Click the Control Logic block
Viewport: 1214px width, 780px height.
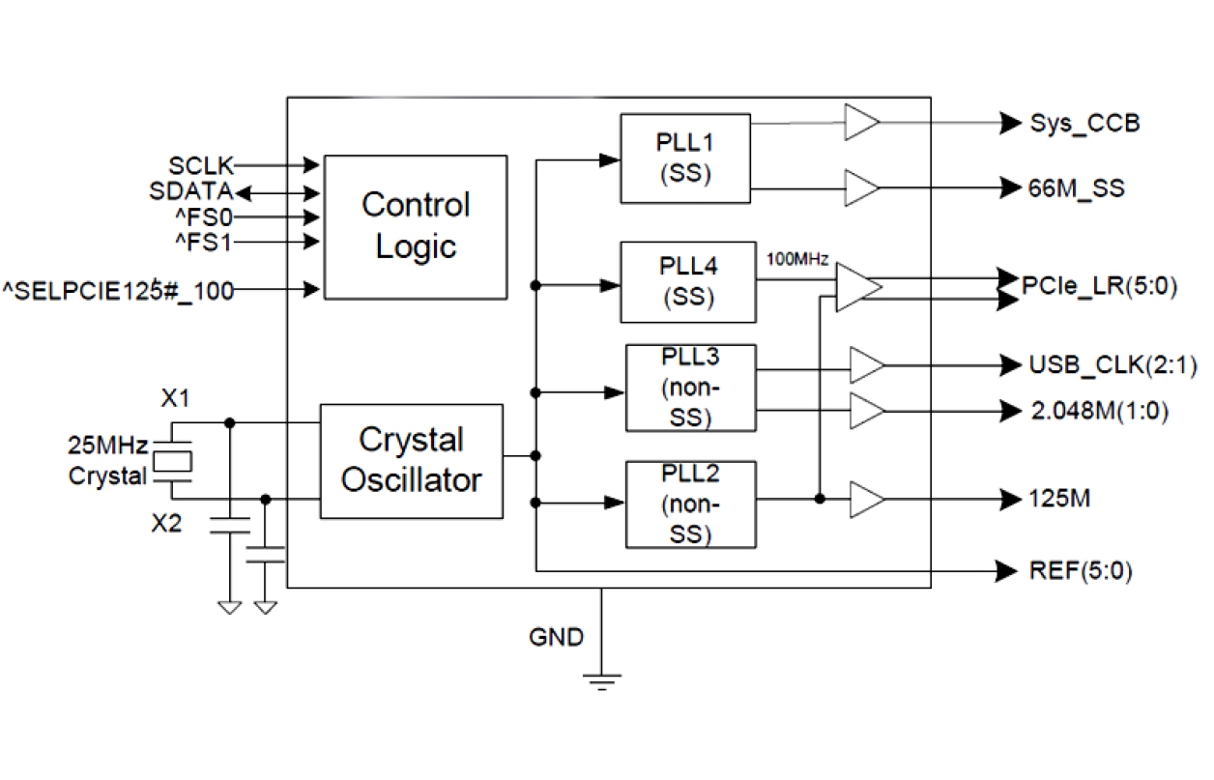tap(415, 226)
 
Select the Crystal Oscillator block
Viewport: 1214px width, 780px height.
tap(411, 460)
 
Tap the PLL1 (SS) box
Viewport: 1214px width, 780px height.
tap(684, 159)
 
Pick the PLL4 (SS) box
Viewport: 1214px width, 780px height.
tap(687, 281)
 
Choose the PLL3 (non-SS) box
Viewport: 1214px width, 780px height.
tap(690, 388)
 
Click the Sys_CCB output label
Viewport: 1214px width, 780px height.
tap(1084, 124)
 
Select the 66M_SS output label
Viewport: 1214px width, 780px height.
tap(1077, 188)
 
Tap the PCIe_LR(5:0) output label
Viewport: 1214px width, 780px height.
tap(1099, 287)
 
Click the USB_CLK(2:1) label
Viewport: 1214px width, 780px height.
tap(1100, 365)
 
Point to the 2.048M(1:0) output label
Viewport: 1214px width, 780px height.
tap(1099, 411)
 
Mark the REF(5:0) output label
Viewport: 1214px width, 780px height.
tap(1080, 571)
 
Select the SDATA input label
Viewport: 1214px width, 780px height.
tap(190, 191)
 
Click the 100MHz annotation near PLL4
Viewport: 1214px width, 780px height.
tap(796, 259)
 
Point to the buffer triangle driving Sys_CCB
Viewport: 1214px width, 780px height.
tap(861, 123)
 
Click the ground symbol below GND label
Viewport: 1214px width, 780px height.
tap(602, 680)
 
